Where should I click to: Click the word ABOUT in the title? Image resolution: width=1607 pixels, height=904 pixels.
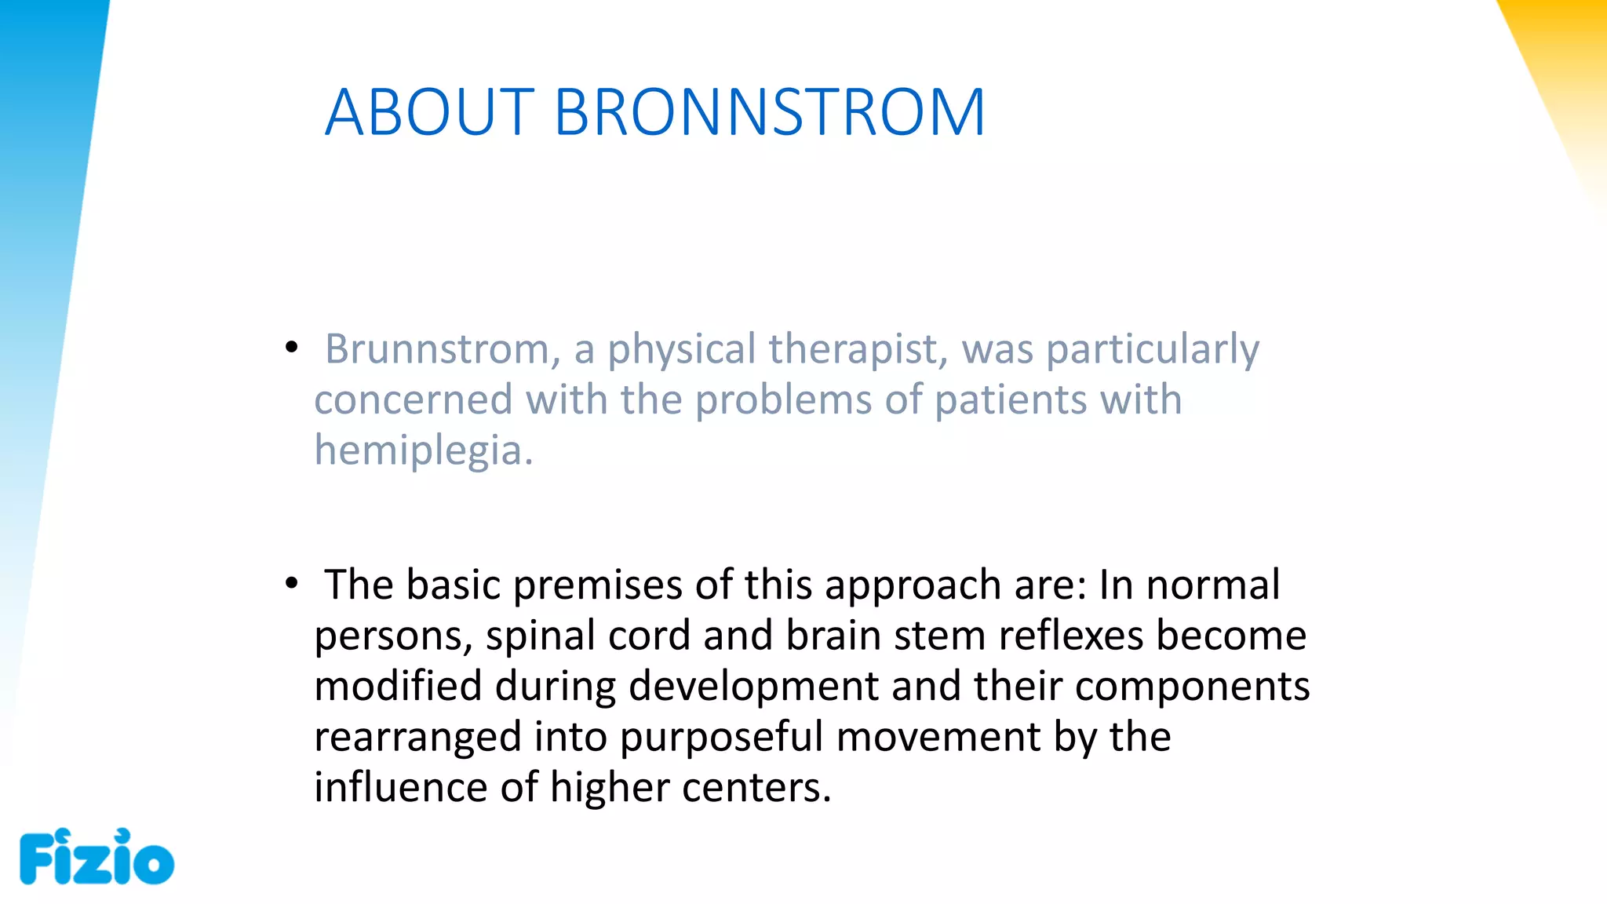pos(429,113)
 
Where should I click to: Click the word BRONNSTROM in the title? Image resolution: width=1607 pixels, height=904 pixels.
pos(769,113)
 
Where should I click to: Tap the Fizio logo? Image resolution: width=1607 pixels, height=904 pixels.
pos(96,857)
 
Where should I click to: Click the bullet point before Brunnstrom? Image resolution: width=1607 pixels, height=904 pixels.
pos(292,347)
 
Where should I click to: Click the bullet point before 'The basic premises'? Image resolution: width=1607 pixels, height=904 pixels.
pos(292,583)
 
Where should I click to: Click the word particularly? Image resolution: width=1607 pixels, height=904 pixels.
pos(1153,349)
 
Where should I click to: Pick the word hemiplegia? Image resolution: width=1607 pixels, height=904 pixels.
pos(423,451)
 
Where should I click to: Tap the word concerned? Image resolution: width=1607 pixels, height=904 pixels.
pos(414,400)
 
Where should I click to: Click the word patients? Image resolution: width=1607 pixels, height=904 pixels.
pos(1010,400)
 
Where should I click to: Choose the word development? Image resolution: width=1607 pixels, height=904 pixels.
pos(753,687)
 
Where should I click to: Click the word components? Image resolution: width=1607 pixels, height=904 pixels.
pos(1192,687)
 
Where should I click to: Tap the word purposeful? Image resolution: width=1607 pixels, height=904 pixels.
pos(721,738)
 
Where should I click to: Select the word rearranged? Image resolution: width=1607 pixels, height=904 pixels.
pos(417,738)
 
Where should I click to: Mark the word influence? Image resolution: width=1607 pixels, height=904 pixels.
pos(400,788)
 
